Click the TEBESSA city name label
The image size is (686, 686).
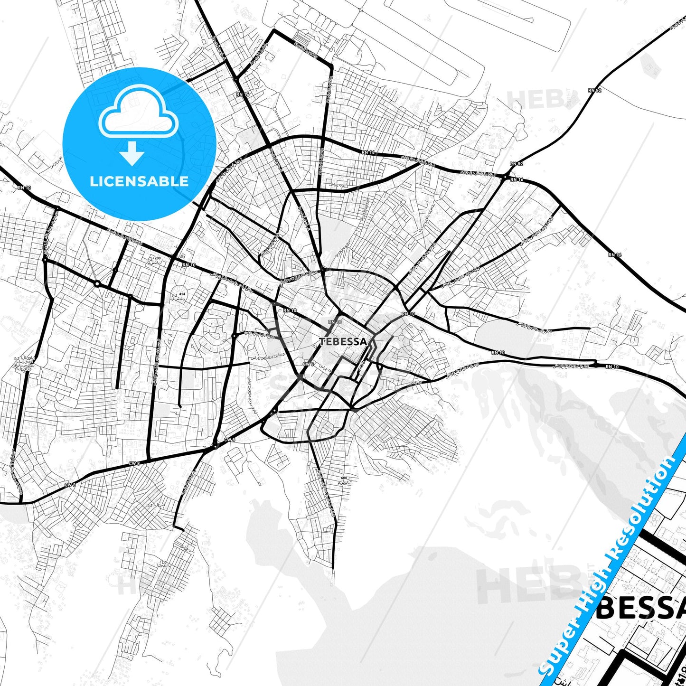click(343, 341)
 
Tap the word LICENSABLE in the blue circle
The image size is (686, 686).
click(139, 181)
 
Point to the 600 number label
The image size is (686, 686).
click(344, 478)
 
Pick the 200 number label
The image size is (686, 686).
click(158, 258)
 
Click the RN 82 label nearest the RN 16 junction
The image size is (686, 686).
click(517, 164)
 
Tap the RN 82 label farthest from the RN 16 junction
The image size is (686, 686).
click(595, 90)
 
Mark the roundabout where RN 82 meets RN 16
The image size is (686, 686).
click(505, 178)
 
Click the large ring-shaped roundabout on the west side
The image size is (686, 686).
click(97, 284)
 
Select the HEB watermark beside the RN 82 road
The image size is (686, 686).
click(536, 99)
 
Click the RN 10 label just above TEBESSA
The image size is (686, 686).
click(335, 322)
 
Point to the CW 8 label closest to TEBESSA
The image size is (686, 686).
click(308, 364)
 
